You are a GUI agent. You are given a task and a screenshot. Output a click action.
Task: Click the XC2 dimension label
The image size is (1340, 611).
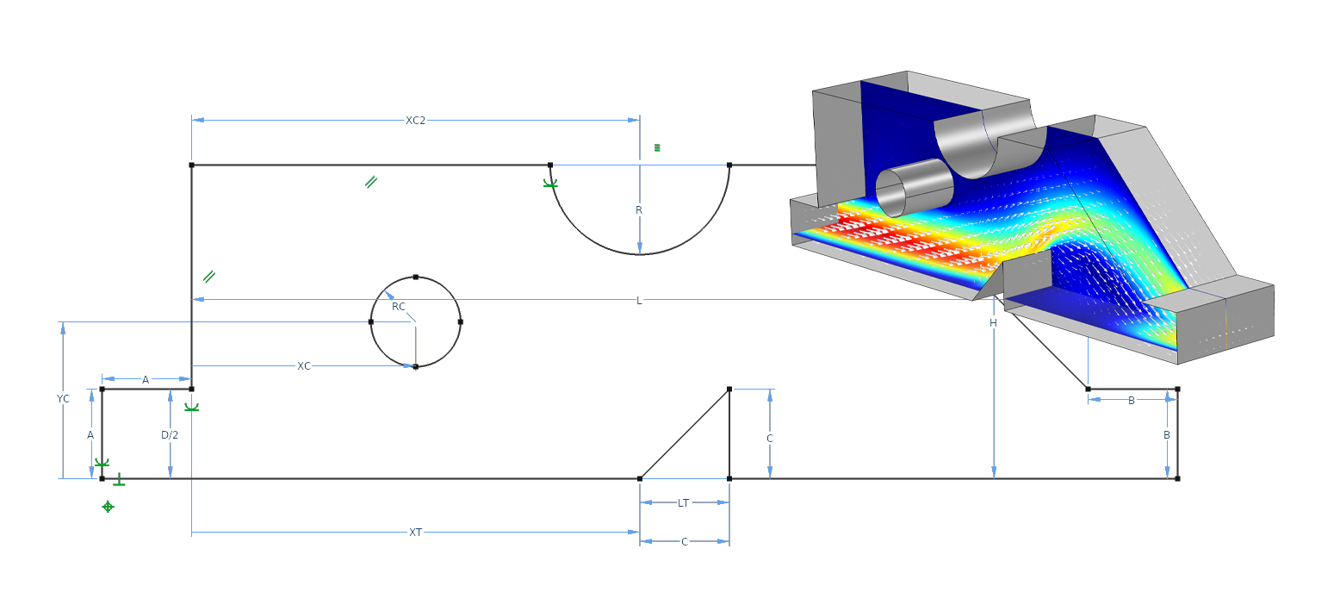(415, 121)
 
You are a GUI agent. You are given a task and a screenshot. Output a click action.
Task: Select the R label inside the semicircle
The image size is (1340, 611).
(639, 210)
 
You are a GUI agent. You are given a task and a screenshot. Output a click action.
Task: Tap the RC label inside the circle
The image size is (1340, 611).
(398, 307)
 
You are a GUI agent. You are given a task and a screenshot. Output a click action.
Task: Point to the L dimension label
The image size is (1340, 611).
(639, 301)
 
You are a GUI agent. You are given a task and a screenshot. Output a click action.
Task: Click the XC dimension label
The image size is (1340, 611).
(304, 366)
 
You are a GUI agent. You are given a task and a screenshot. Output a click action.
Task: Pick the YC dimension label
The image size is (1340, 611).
(63, 399)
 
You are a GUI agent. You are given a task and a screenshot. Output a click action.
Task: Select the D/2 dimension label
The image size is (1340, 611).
(170, 435)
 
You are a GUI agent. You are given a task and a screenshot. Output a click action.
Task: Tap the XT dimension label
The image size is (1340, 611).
(415, 533)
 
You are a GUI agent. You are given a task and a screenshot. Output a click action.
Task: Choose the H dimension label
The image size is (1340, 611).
(993, 323)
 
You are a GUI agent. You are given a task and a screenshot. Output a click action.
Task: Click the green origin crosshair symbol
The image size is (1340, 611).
(108, 507)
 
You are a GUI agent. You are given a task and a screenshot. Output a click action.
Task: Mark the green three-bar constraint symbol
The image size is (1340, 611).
(657, 147)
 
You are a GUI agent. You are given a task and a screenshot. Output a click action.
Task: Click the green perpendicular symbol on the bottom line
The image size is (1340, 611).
(119, 480)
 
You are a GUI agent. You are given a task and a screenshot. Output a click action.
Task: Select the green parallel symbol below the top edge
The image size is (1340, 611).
(370, 182)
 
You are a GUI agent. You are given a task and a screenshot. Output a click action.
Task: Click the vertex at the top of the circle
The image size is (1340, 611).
(416, 277)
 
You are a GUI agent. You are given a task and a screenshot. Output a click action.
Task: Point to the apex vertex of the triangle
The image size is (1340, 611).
(729, 390)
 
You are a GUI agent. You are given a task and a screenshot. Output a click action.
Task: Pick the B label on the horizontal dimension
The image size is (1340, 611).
(1131, 400)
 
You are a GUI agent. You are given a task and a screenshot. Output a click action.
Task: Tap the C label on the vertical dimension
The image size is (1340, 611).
(770, 439)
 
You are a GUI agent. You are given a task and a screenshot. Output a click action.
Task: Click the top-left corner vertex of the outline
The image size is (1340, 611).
(191, 165)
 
